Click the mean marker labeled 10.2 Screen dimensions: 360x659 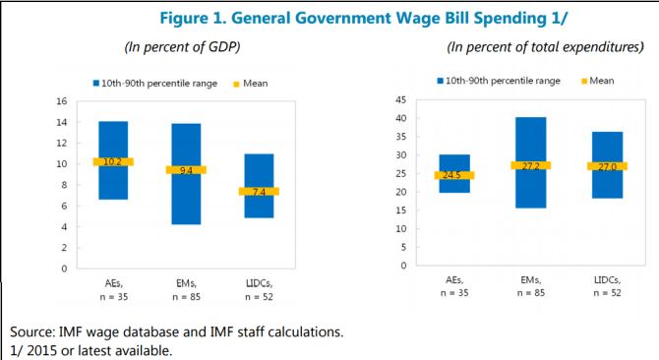point(113,161)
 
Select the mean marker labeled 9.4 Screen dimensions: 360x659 point(186,170)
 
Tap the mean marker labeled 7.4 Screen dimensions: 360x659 point(259,191)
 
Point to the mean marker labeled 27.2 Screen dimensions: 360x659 point(530,165)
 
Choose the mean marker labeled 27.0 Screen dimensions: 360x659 point(606,166)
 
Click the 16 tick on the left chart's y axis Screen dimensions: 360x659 point(61,101)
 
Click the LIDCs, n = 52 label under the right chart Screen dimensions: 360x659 point(606,285)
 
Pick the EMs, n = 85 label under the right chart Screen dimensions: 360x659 point(530,285)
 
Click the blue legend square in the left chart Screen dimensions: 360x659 point(95,84)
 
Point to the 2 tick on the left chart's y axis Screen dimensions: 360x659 point(64,247)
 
